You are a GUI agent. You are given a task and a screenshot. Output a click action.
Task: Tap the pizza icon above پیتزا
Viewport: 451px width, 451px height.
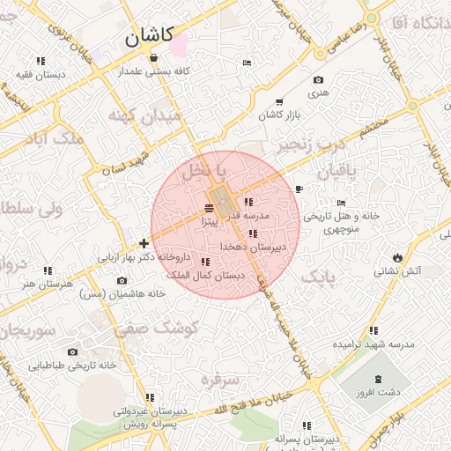(x=208, y=208)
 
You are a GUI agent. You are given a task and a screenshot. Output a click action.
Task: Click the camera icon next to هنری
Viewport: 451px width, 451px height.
(x=318, y=80)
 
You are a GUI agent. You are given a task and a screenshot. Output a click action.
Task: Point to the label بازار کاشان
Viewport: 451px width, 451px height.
(x=279, y=115)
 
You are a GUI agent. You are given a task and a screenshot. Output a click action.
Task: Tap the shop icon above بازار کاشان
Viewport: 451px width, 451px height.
(x=280, y=102)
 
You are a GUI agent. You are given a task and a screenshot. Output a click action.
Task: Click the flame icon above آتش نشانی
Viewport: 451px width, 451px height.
(x=398, y=256)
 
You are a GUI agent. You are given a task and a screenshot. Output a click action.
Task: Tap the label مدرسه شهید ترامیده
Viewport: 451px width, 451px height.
(x=376, y=343)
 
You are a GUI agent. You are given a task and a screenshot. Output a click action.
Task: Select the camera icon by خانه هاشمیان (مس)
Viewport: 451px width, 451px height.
(x=122, y=281)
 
